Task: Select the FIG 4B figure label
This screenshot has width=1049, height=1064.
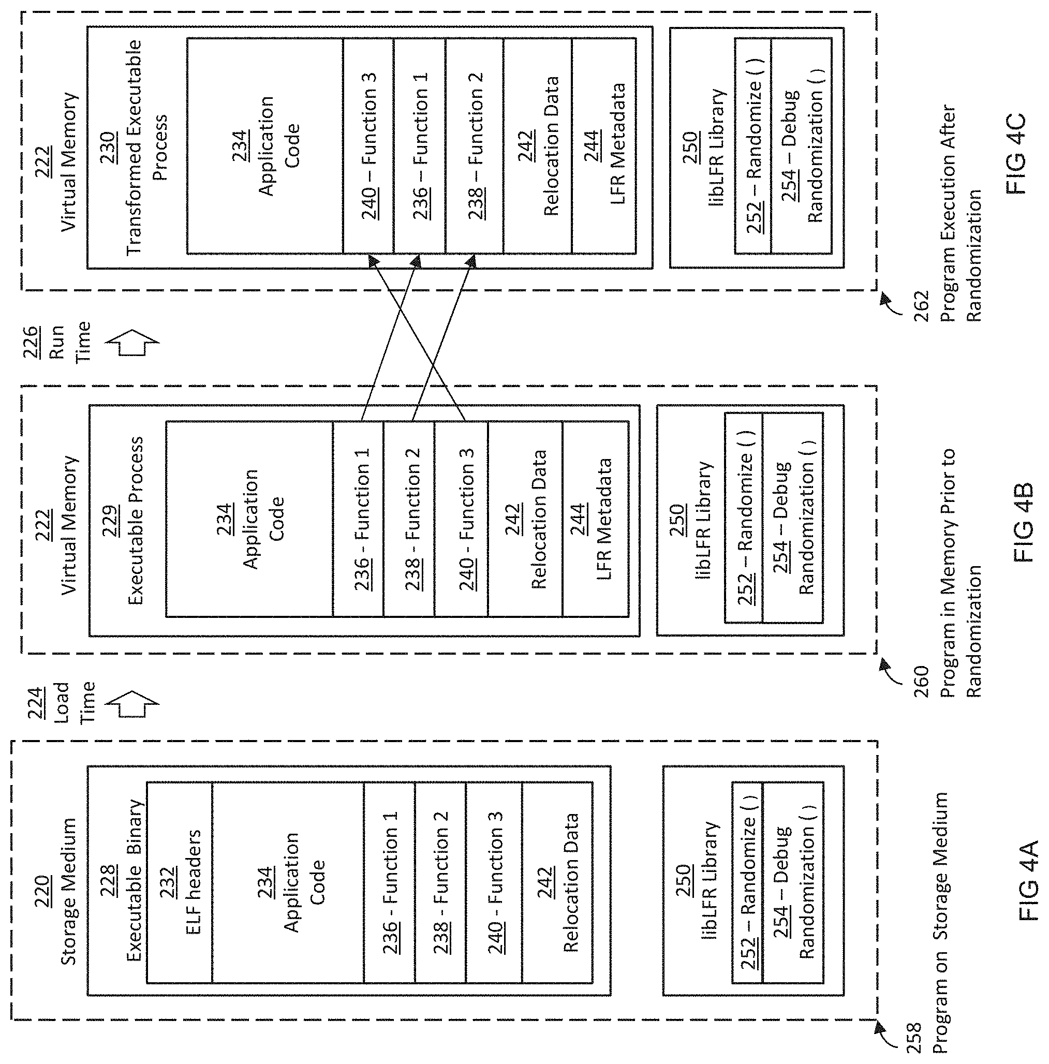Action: click(1023, 523)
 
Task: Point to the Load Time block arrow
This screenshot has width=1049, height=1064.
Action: click(131, 704)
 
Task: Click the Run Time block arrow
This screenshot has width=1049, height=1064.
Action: click(131, 342)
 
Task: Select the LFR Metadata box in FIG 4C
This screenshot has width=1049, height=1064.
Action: click(604, 145)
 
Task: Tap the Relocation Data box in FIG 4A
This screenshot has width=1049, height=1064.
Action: click(557, 882)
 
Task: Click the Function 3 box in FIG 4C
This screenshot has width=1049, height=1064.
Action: click(368, 145)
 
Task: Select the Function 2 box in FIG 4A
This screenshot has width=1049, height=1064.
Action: click(440, 882)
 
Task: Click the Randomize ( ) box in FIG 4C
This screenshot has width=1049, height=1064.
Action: click(753, 145)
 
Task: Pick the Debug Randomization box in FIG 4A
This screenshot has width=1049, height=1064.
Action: click(793, 882)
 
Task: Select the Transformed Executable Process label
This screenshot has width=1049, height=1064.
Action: click(146, 147)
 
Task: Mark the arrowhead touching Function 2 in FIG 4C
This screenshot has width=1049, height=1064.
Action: click(471, 261)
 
